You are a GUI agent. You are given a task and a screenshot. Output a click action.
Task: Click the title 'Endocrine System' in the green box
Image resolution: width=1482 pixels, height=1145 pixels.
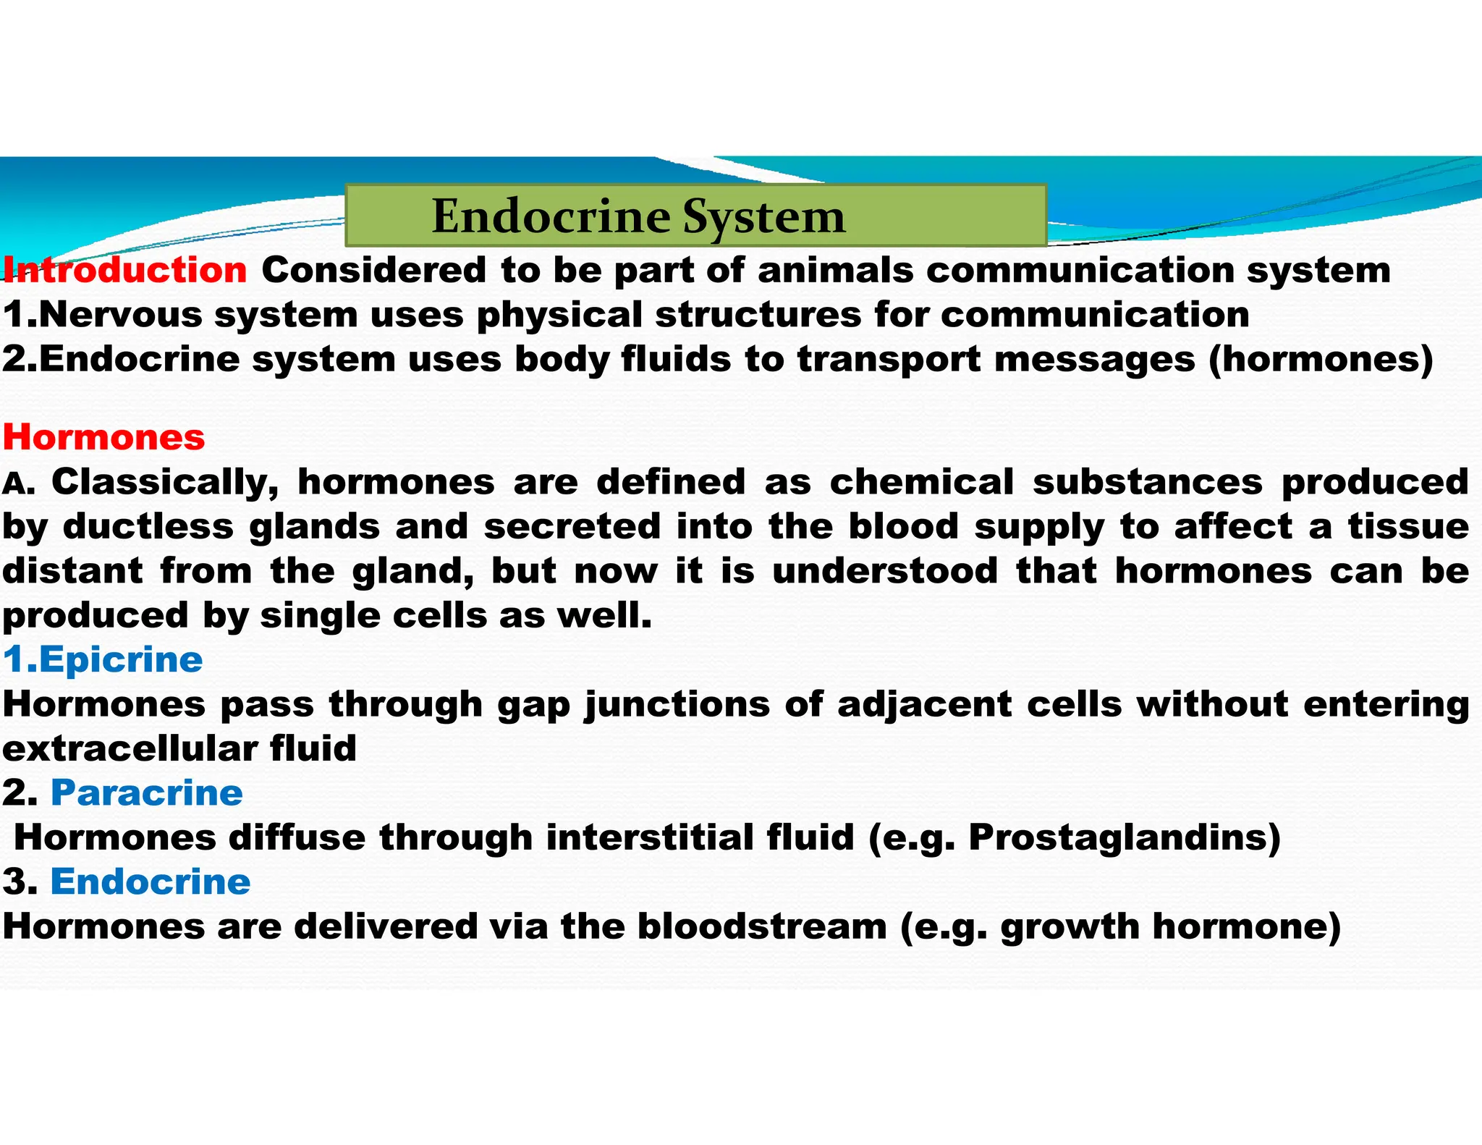[x=638, y=216]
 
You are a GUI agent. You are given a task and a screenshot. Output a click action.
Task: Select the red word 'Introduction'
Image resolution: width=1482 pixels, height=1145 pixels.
[x=125, y=270]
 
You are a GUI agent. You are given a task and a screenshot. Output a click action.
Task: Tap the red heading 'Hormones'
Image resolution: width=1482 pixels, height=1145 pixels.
[x=104, y=437]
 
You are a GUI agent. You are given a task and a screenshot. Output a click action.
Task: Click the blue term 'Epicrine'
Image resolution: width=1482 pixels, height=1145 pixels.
[x=121, y=660]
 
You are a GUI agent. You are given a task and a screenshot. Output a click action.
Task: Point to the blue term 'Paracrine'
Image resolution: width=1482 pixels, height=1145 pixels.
[x=147, y=793]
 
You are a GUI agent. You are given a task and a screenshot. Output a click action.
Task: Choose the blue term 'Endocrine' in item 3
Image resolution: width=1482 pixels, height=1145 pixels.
[x=151, y=882]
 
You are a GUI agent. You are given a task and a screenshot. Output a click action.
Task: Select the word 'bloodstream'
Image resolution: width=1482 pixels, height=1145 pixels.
[x=762, y=926]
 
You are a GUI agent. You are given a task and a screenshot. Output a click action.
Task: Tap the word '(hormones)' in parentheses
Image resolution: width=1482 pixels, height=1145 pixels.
[x=1321, y=360]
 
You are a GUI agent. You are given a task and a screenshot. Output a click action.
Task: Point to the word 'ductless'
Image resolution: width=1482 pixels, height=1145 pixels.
[x=148, y=526]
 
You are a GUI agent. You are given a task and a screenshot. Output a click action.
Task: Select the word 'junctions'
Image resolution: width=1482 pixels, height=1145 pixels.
[x=677, y=704]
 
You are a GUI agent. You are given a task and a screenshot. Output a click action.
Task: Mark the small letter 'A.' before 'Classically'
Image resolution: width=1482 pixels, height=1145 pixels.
[x=19, y=483]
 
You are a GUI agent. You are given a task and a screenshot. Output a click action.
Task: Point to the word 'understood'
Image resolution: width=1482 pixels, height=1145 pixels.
[x=885, y=571]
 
